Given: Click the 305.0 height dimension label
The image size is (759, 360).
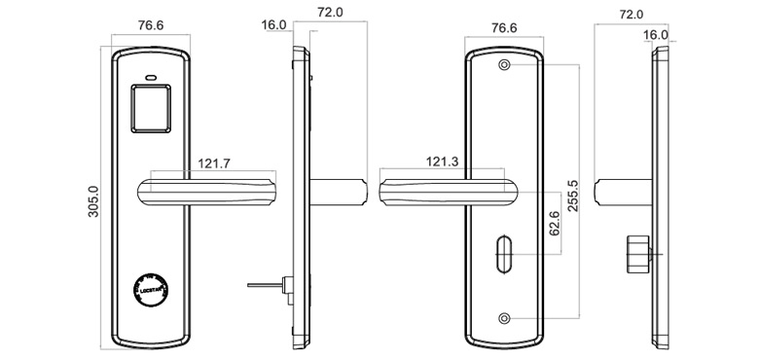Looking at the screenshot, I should pos(93,203).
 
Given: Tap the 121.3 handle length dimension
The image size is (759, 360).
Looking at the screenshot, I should pos(444,162).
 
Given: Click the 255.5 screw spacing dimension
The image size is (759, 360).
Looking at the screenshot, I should pos(572,195).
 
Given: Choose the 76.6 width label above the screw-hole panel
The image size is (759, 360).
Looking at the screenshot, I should pos(504,28).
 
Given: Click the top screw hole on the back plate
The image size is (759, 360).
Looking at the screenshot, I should pos(504,65).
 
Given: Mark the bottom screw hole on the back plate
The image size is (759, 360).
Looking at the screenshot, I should pos(504,318).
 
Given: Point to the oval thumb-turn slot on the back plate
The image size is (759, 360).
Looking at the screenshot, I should pos(504,252).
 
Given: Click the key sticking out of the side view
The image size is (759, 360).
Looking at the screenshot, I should pos(265,286).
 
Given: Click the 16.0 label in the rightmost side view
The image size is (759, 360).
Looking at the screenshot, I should pos(656,35).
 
